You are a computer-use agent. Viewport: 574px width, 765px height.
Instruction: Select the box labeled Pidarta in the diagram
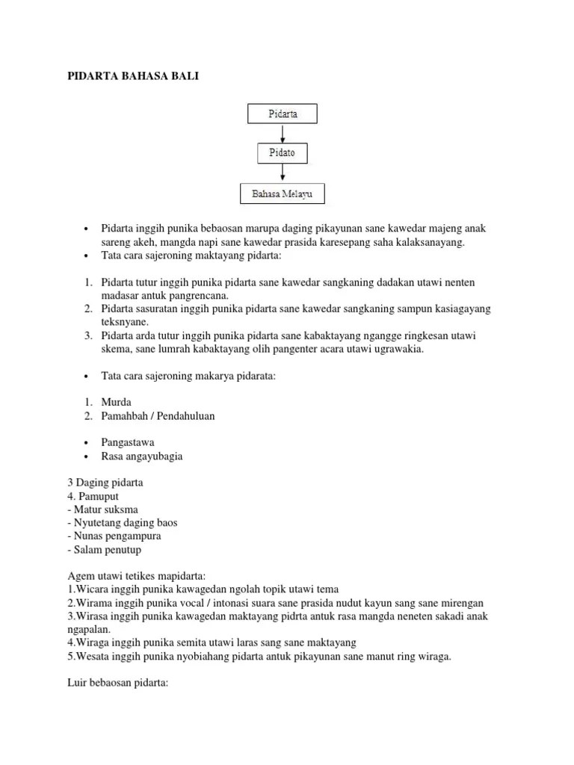[282, 114]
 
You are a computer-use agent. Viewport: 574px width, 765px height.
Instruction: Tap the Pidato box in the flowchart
[282, 154]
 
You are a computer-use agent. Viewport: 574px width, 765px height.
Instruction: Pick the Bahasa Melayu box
[282, 194]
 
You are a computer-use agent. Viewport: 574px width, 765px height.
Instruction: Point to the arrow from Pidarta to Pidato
[282, 134]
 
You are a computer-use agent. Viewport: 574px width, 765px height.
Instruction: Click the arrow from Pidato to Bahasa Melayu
[282, 174]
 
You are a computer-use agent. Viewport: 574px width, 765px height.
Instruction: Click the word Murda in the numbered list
[116, 403]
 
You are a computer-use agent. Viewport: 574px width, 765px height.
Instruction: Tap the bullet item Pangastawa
[128, 442]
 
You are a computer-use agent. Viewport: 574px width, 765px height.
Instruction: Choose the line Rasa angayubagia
[141, 456]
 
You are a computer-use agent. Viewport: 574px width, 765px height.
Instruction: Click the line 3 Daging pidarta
[104, 483]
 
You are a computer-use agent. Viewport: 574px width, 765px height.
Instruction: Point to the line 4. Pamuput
[92, 496]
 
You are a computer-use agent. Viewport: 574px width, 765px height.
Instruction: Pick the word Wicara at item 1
[90, 589]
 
